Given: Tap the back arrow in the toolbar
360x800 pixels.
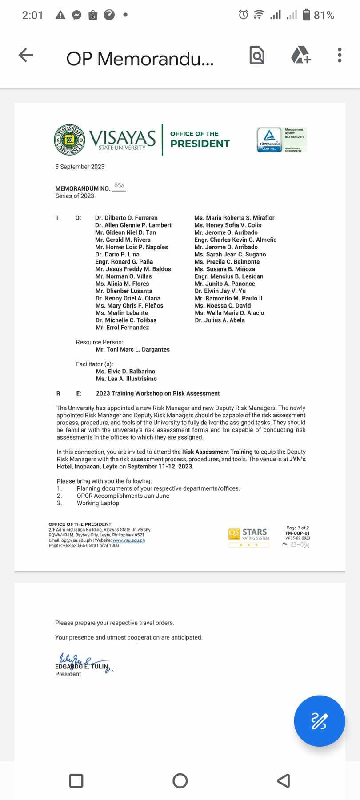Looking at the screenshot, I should [x=26, y=55].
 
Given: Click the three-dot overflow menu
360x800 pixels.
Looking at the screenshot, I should [x=340, y=55].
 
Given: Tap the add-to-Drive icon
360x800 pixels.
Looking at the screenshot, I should [x=301, y=55].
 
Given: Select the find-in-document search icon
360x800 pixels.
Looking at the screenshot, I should [x=257, y=55].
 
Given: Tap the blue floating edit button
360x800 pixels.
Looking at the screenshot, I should [x=319, y=721].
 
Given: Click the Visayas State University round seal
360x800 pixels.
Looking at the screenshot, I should [x=69, y=140].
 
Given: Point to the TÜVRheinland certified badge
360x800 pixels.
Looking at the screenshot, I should [x=269, y=140].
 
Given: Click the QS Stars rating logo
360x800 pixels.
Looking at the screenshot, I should [x=248, y=535].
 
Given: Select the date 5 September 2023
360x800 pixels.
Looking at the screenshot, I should [x=80, y=167].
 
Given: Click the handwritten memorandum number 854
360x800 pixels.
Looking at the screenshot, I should [x=119, y=186].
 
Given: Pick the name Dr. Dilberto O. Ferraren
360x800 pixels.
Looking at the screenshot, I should [x=126, y=218].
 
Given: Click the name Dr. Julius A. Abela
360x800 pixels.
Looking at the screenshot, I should [x=220, y=320].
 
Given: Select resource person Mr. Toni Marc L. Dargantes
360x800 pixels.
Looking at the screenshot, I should [x=132, y=349].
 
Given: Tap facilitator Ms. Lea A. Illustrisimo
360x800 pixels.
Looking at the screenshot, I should [x=126, y=379].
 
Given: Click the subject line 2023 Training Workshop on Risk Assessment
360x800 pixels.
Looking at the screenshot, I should [x=158, y=393].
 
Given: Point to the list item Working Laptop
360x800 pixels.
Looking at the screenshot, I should [x=98, y=503].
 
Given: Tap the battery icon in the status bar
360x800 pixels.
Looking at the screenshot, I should [x=306, y=15].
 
